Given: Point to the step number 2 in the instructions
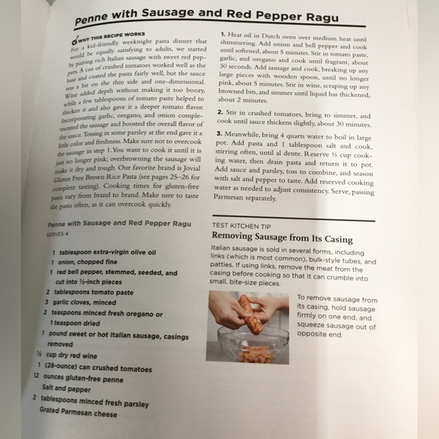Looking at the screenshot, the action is (219, 111).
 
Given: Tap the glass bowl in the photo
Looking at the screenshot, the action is (253, 347).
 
